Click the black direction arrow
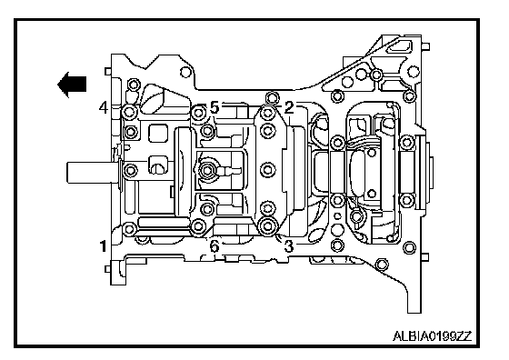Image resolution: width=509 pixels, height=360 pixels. (x=72, y=85)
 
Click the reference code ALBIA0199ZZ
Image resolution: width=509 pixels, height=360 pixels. (x=432, y=336)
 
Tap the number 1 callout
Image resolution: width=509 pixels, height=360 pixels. (x=103, y=246)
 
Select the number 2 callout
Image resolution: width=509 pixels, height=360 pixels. (x=289, y=107)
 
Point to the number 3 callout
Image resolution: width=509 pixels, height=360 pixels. (x=289, y=245)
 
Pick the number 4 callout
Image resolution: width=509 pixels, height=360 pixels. (x=104, y=107)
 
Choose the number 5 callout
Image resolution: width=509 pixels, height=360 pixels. (x=215, y=107)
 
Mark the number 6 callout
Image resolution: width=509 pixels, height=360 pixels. (x=215, y=246)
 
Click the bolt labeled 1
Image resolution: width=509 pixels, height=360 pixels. (x=129, y=229)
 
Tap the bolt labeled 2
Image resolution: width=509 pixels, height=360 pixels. (x=268, y=113)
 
